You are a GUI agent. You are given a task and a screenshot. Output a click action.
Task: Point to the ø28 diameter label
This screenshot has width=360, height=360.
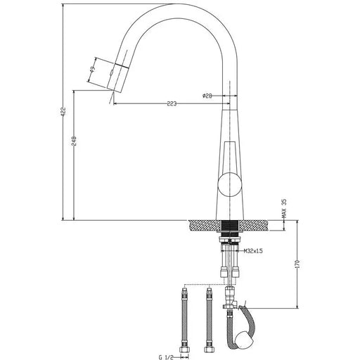[207, 96]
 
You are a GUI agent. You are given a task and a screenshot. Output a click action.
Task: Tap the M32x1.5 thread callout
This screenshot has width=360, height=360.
[253, 250]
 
